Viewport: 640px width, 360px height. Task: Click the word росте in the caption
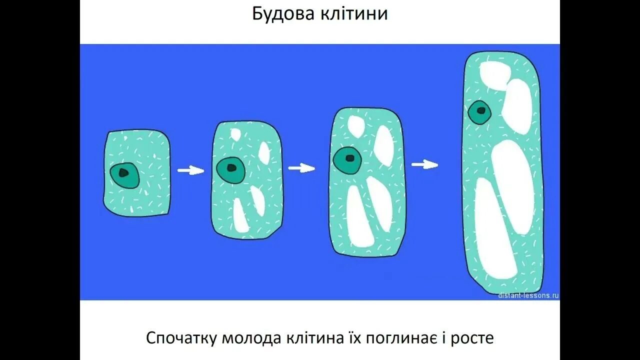[472, 338]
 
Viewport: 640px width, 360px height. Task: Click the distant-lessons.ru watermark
[528, 295]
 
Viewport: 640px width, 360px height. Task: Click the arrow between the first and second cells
[191, 171]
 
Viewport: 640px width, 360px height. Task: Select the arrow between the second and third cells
[301, 168]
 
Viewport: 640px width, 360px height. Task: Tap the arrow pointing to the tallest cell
[425, 164]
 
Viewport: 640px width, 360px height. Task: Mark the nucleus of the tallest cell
[479, 113]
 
